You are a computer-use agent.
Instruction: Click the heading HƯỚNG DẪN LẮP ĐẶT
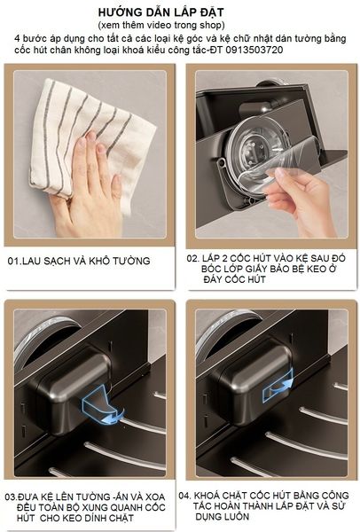160,12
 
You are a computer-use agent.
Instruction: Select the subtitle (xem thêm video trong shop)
161,25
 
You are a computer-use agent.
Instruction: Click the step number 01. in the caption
14,261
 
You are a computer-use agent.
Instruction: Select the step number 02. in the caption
193,258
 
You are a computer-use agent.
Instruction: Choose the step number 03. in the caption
12,497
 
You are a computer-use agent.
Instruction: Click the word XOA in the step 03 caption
154,497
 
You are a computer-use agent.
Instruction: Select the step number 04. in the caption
185,496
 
